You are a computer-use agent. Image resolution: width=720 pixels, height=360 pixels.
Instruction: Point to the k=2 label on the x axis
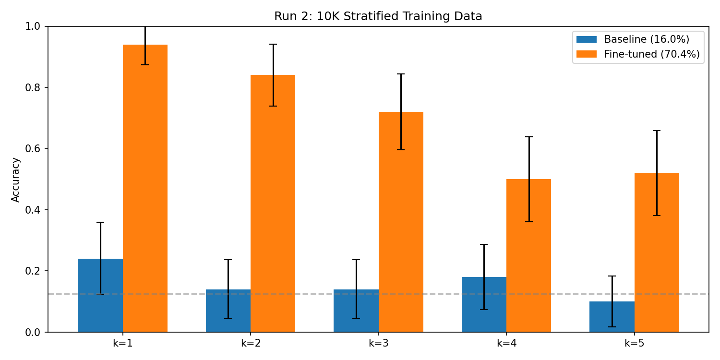point(251,343)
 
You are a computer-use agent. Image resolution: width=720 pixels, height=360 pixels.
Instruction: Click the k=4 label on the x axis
point(506,343)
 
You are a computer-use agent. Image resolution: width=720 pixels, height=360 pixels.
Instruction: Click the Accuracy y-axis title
point(16,180)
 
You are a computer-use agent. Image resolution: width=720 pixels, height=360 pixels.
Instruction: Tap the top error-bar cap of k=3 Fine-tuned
point(401,74)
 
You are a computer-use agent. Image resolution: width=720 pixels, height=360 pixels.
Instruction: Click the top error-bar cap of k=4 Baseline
point(484,244)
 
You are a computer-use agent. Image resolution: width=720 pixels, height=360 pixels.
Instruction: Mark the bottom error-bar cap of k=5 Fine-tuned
point(657,216)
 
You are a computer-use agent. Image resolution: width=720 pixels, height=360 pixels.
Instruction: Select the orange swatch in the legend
point(586,54)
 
